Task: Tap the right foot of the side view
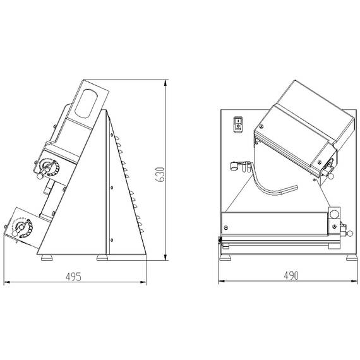(102, 258)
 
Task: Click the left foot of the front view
(226, 256)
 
